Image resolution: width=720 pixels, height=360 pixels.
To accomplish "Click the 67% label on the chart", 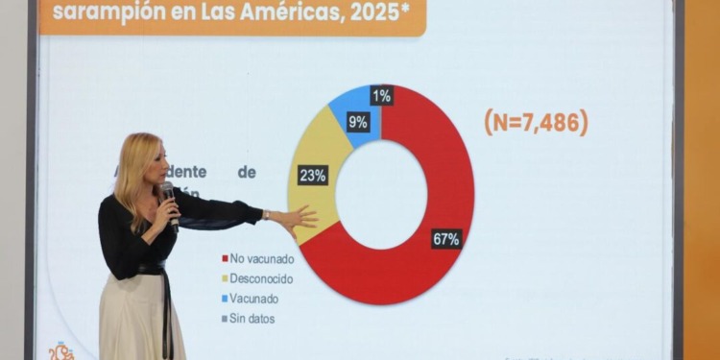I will pyautogui.click(x=446, y=239).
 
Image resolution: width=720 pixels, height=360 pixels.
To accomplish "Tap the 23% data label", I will pyautogui.click(x=313, y=175).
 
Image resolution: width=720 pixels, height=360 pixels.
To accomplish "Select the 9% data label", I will pyautogui.click(x=358, y=122).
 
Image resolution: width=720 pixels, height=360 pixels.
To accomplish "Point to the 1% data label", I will pyautogui.click(x=382, y=95).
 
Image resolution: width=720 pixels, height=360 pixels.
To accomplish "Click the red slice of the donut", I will pyautogui.click(x=442, y=163).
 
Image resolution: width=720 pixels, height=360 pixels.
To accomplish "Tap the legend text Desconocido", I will pyautogui.click(x=262, y=278).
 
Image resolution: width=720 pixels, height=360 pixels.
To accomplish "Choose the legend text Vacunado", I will pyautogui.click(x=255, y=299).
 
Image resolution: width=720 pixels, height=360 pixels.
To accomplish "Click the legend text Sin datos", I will pyautogui.click(x=253, y=318).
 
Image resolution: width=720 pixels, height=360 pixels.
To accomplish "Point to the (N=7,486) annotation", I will pyautogui.click(x=536, y=122).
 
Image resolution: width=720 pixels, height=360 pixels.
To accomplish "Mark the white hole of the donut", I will pyautogui.click(x=381, y=195).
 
